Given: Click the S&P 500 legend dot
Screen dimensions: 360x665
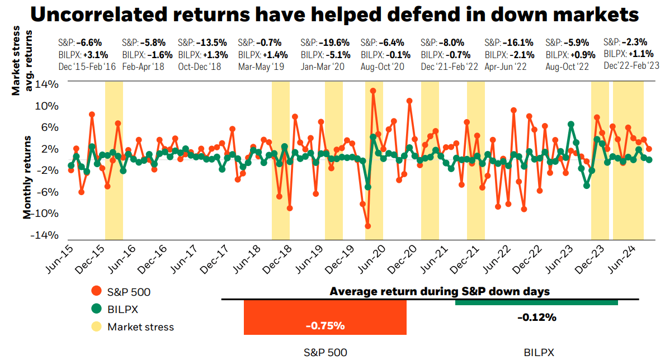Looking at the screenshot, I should click(x=97, y=291).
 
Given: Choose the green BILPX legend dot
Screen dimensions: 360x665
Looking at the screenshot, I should click(x=97, y=309).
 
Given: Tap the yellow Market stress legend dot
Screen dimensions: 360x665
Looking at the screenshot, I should click(x=97, y=326).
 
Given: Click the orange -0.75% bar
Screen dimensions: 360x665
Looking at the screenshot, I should click(x=325, y=318).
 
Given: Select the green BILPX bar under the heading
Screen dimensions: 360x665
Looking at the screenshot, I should click(x=536, y=302).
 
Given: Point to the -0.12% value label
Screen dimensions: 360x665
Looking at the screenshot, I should click(x=536, y=318).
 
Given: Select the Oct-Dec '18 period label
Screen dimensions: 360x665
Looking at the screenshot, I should click(x=200, y=67).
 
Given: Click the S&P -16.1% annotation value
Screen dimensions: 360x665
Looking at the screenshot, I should click(x=518, y=42).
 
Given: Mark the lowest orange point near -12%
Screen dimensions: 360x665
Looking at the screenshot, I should click(x=367, y=226).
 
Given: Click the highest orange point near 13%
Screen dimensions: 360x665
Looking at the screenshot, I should click(x=372, y=91).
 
